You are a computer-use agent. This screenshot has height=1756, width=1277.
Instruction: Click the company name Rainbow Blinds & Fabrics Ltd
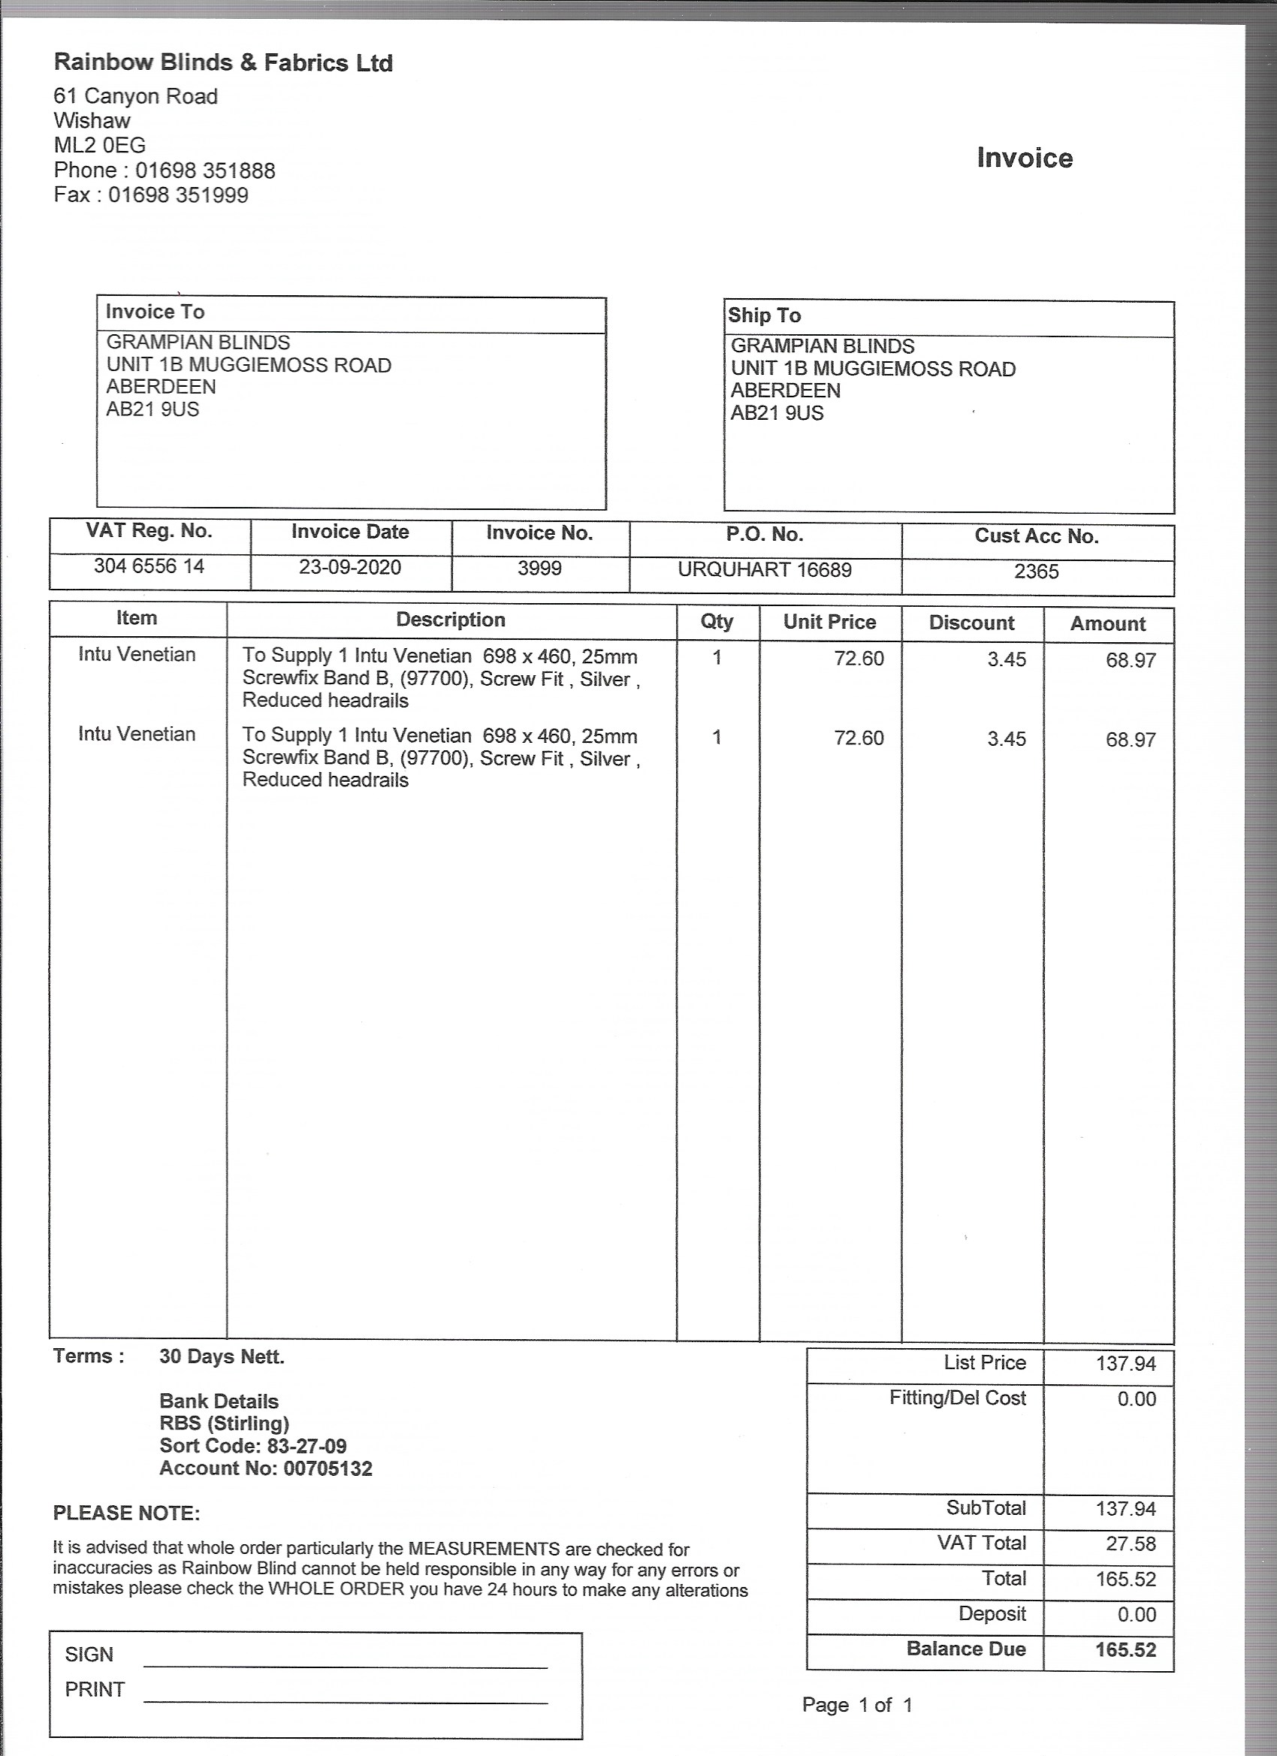tap(223, 63)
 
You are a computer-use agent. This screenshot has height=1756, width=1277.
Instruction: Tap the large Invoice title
tap(1024, 158)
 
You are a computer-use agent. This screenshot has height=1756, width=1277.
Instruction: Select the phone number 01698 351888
tap(205, 170)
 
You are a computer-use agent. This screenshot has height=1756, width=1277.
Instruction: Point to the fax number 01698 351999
tap(178, 195)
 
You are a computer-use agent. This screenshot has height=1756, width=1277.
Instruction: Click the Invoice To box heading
tap(155, 312)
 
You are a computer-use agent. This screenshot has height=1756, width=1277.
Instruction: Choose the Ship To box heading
tap(765, 316)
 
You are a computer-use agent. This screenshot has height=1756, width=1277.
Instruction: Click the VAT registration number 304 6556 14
tap(149, 567)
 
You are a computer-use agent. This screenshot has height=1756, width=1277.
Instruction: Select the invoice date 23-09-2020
tap(350, 568)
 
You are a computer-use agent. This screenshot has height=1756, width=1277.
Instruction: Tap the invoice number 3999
tap(540, 569)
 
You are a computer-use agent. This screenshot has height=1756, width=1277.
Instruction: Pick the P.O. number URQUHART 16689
tap(765, 571)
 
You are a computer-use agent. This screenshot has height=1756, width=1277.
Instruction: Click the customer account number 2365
tap(1036, 572)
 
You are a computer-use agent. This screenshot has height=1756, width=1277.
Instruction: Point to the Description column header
tap(451, 620)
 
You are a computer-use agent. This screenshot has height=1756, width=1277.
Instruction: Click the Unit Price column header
tap(829, 623)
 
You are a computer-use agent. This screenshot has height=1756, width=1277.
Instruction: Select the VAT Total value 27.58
tap(1131, 1544)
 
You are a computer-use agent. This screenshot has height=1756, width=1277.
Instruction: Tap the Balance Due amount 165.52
tap(1125, 1649)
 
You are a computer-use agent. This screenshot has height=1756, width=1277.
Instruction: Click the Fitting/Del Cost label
tap(957, 1398)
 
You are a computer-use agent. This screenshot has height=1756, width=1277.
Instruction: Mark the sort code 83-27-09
tap(306, 1447)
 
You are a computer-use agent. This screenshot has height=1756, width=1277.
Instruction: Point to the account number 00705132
tap(328, 1469)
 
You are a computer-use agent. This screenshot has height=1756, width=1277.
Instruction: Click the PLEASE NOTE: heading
tap(126, 1513)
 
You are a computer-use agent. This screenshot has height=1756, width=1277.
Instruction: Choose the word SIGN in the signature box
tap(89, 1655)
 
